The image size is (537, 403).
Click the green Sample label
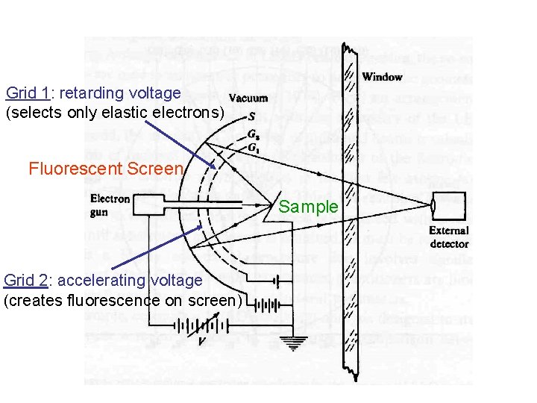click(x=309, y=207)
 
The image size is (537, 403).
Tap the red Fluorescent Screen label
click(x=105, y=169)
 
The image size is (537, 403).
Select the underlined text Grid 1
click(x=27, y=93)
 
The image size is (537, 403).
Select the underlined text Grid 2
click(x=25, y=281)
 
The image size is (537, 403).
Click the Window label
click(x=382, y=77)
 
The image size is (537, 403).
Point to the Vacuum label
click(x=248, y=99)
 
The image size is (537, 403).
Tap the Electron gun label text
click(x=110, y=205)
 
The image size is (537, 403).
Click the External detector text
click(x=449, y=237)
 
